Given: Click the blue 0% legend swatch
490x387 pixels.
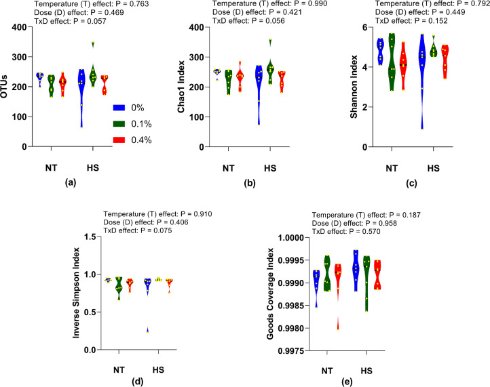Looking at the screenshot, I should coord(118,106).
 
